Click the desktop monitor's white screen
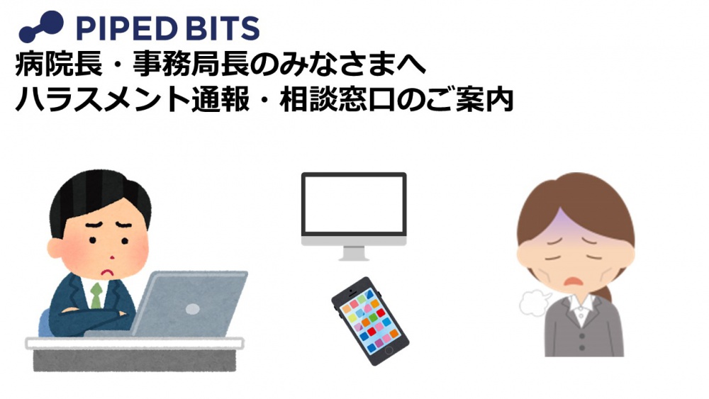pos(354,205)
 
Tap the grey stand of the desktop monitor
pos(354,252)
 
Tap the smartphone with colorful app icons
pos(369,320)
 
